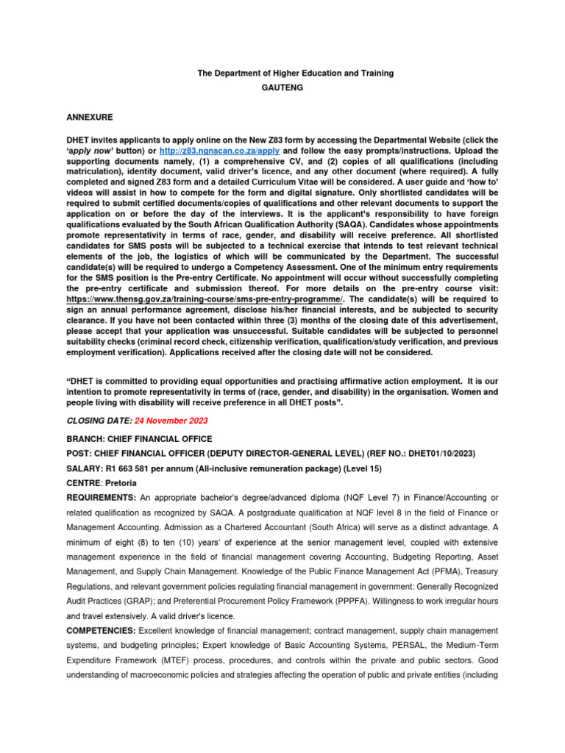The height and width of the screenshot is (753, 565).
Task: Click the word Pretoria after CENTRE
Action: tap(120, 484)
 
